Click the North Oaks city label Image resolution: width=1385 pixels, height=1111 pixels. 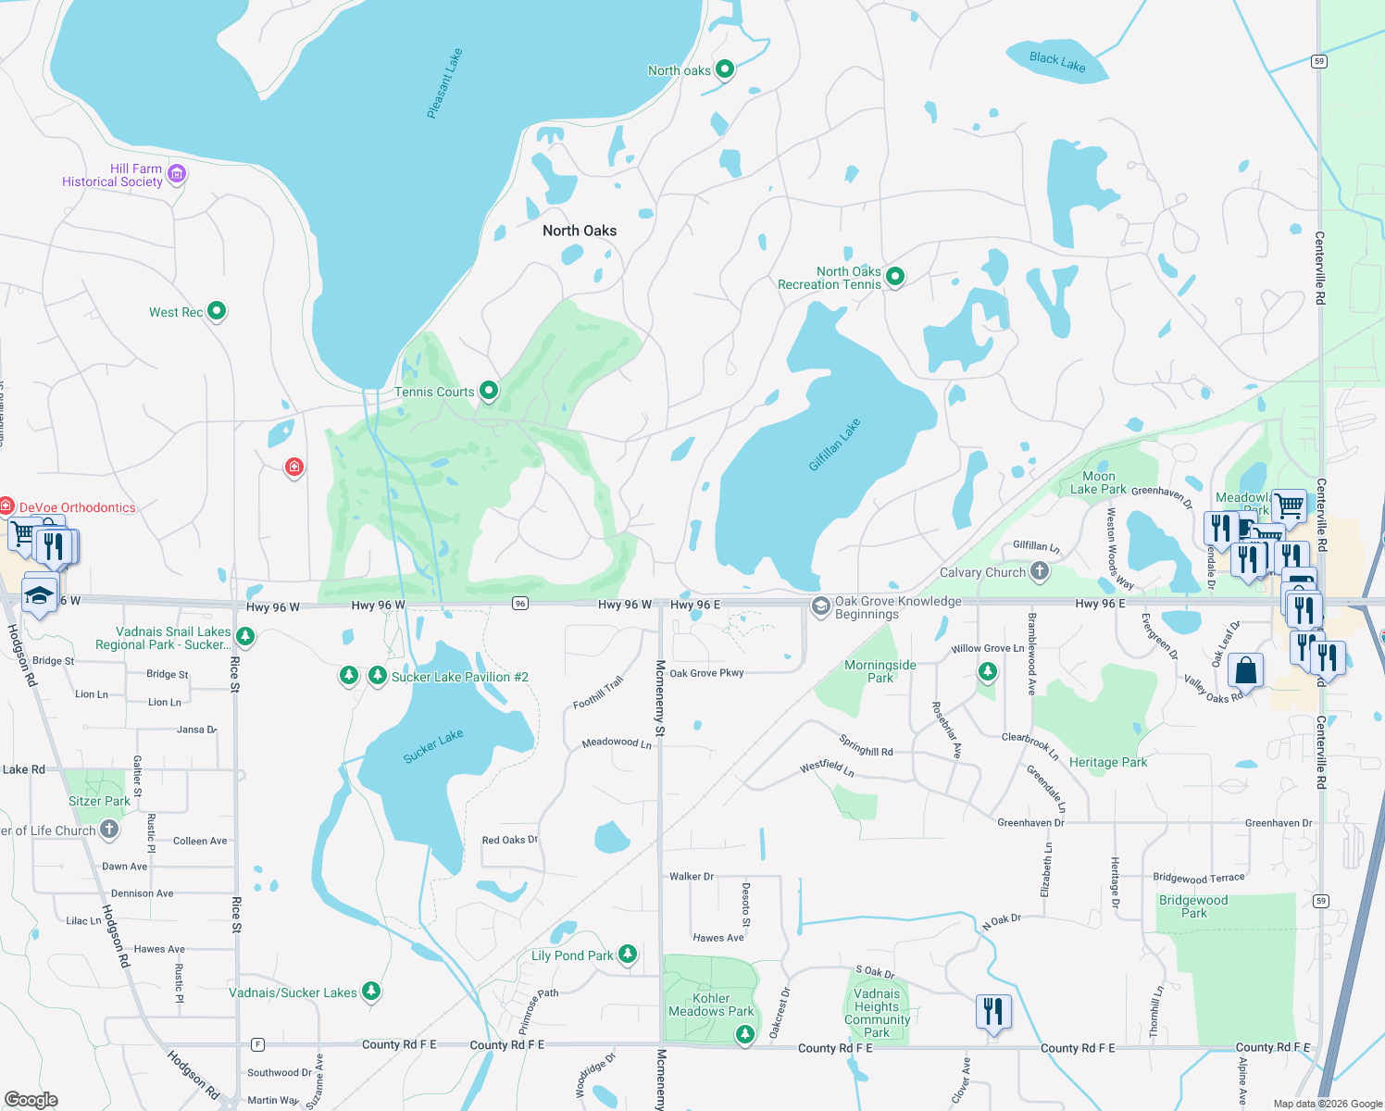coord(580,231)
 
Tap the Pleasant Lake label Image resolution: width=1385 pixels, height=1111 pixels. coord(444,84)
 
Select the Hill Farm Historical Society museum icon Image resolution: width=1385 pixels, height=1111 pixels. coord(177,174)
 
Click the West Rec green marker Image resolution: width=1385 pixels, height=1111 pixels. coord(216,311)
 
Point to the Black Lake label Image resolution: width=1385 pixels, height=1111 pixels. coord(1057,62)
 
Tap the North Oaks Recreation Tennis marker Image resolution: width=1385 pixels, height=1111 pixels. coord(894,276)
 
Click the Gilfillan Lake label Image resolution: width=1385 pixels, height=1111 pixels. coord(834,444)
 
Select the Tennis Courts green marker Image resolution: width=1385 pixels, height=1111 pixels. coord(488,391)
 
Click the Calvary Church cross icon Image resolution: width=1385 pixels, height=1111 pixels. coord(1040,571)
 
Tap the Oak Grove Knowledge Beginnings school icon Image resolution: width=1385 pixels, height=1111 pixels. coord(820,606)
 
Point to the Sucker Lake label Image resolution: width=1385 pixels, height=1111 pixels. coord(433,746)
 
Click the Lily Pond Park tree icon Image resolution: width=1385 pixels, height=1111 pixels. coord(628,954)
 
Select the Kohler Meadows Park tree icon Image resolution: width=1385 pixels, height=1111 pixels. coord(745,1034)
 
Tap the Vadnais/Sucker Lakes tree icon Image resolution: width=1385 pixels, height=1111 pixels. coord(371,992)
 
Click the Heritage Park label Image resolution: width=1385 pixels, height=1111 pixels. coord(1107,762)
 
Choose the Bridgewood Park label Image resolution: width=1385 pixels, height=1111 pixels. coord(1193,906)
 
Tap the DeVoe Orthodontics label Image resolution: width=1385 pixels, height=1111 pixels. coord(78,507)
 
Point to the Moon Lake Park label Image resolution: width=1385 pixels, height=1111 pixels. coord(1098,482)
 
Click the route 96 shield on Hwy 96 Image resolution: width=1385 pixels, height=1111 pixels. coord(520,604)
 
